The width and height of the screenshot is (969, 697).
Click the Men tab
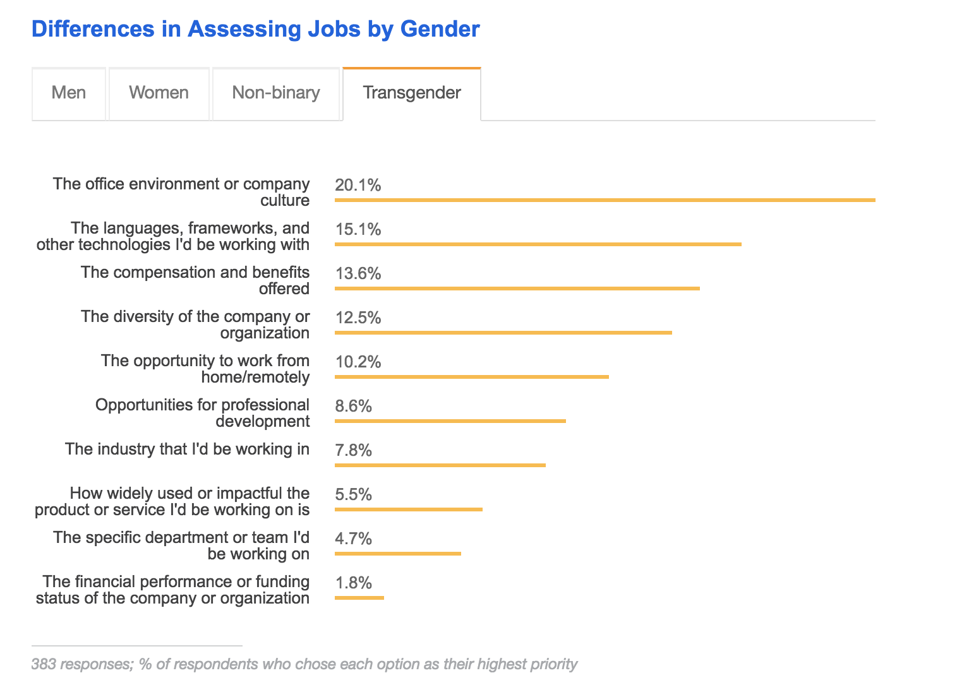click(x=69, y=93)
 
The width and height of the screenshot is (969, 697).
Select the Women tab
click(x=159, y=93)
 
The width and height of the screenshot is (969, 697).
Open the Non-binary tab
click(x=276, y=93)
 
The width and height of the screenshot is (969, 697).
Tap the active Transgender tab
click(x=412, y=93)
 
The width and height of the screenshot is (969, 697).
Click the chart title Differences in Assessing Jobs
click(x=255, y=29)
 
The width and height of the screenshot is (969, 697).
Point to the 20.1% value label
click(x=358, y=185)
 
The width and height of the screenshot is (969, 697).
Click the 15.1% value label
click(x=358, y=229)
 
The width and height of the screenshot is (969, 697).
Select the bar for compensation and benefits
click(x=517, y=289)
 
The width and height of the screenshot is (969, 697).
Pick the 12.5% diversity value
click(x=358, y=318)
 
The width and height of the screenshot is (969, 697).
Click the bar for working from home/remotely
click(x=471, y=377)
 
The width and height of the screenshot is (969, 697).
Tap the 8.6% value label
click(x=354, y=406)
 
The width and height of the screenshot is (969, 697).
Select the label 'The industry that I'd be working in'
click(x=187, y=449)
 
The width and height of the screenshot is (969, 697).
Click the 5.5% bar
click(x=408, y=509)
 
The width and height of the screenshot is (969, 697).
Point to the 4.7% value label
click(x=354, y=539)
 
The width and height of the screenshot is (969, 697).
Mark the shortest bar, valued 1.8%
click(x=359, y=598)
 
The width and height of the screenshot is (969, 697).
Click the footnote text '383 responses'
click(x=304, y=664)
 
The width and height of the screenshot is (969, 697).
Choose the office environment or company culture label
click(x=181, y=192)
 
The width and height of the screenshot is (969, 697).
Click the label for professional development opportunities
click(x=202, y=413)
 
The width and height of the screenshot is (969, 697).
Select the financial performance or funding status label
click(x=172, y=590)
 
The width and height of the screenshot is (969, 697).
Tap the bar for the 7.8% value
click(x=440, y=465)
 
